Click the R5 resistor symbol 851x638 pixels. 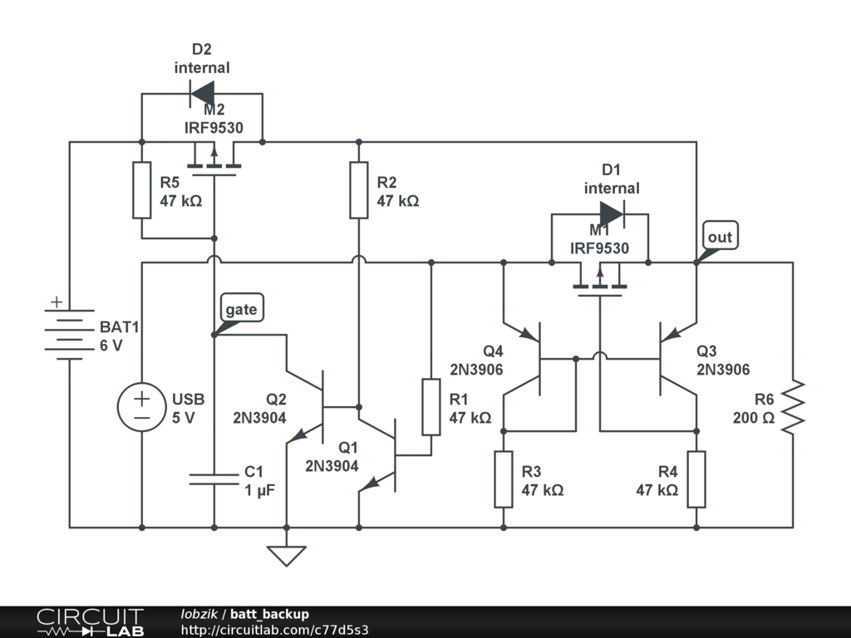[x=141, y=190]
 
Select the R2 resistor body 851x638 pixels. [x=359, y=190]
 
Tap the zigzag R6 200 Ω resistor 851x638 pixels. [x=793, y=407]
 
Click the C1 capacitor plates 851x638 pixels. [x=214, y=479]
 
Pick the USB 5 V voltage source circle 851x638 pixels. [x=141, y=407]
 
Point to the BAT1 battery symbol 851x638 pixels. [x=70, y=330]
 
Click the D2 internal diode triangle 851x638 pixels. [x=202, y=93]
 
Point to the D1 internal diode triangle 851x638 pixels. [x=612, y=214]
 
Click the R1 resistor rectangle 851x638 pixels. [x=431, y=407]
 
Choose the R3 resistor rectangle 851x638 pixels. [x=503, y=479]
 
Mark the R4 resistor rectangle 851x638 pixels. [x=696, y=479]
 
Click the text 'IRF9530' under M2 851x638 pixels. [x=214, y=128]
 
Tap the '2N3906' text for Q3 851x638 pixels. [x=723, y=370]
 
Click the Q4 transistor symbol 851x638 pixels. [x=522, y=359]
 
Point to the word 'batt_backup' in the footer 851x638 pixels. [x=270, y=614]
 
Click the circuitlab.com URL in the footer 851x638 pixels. [x=274, y=630]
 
